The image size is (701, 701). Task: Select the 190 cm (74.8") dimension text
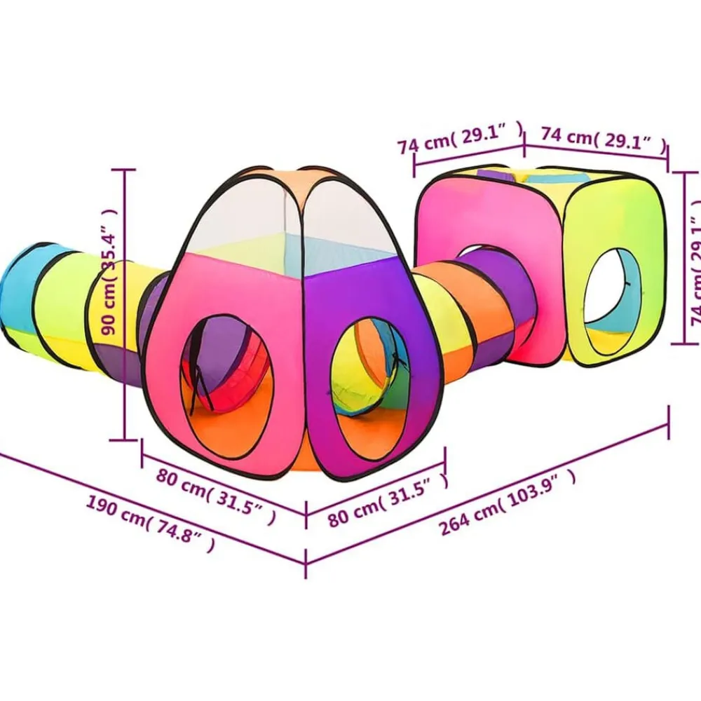tap(149, 524)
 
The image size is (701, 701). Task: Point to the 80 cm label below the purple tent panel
tap(387, 500)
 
